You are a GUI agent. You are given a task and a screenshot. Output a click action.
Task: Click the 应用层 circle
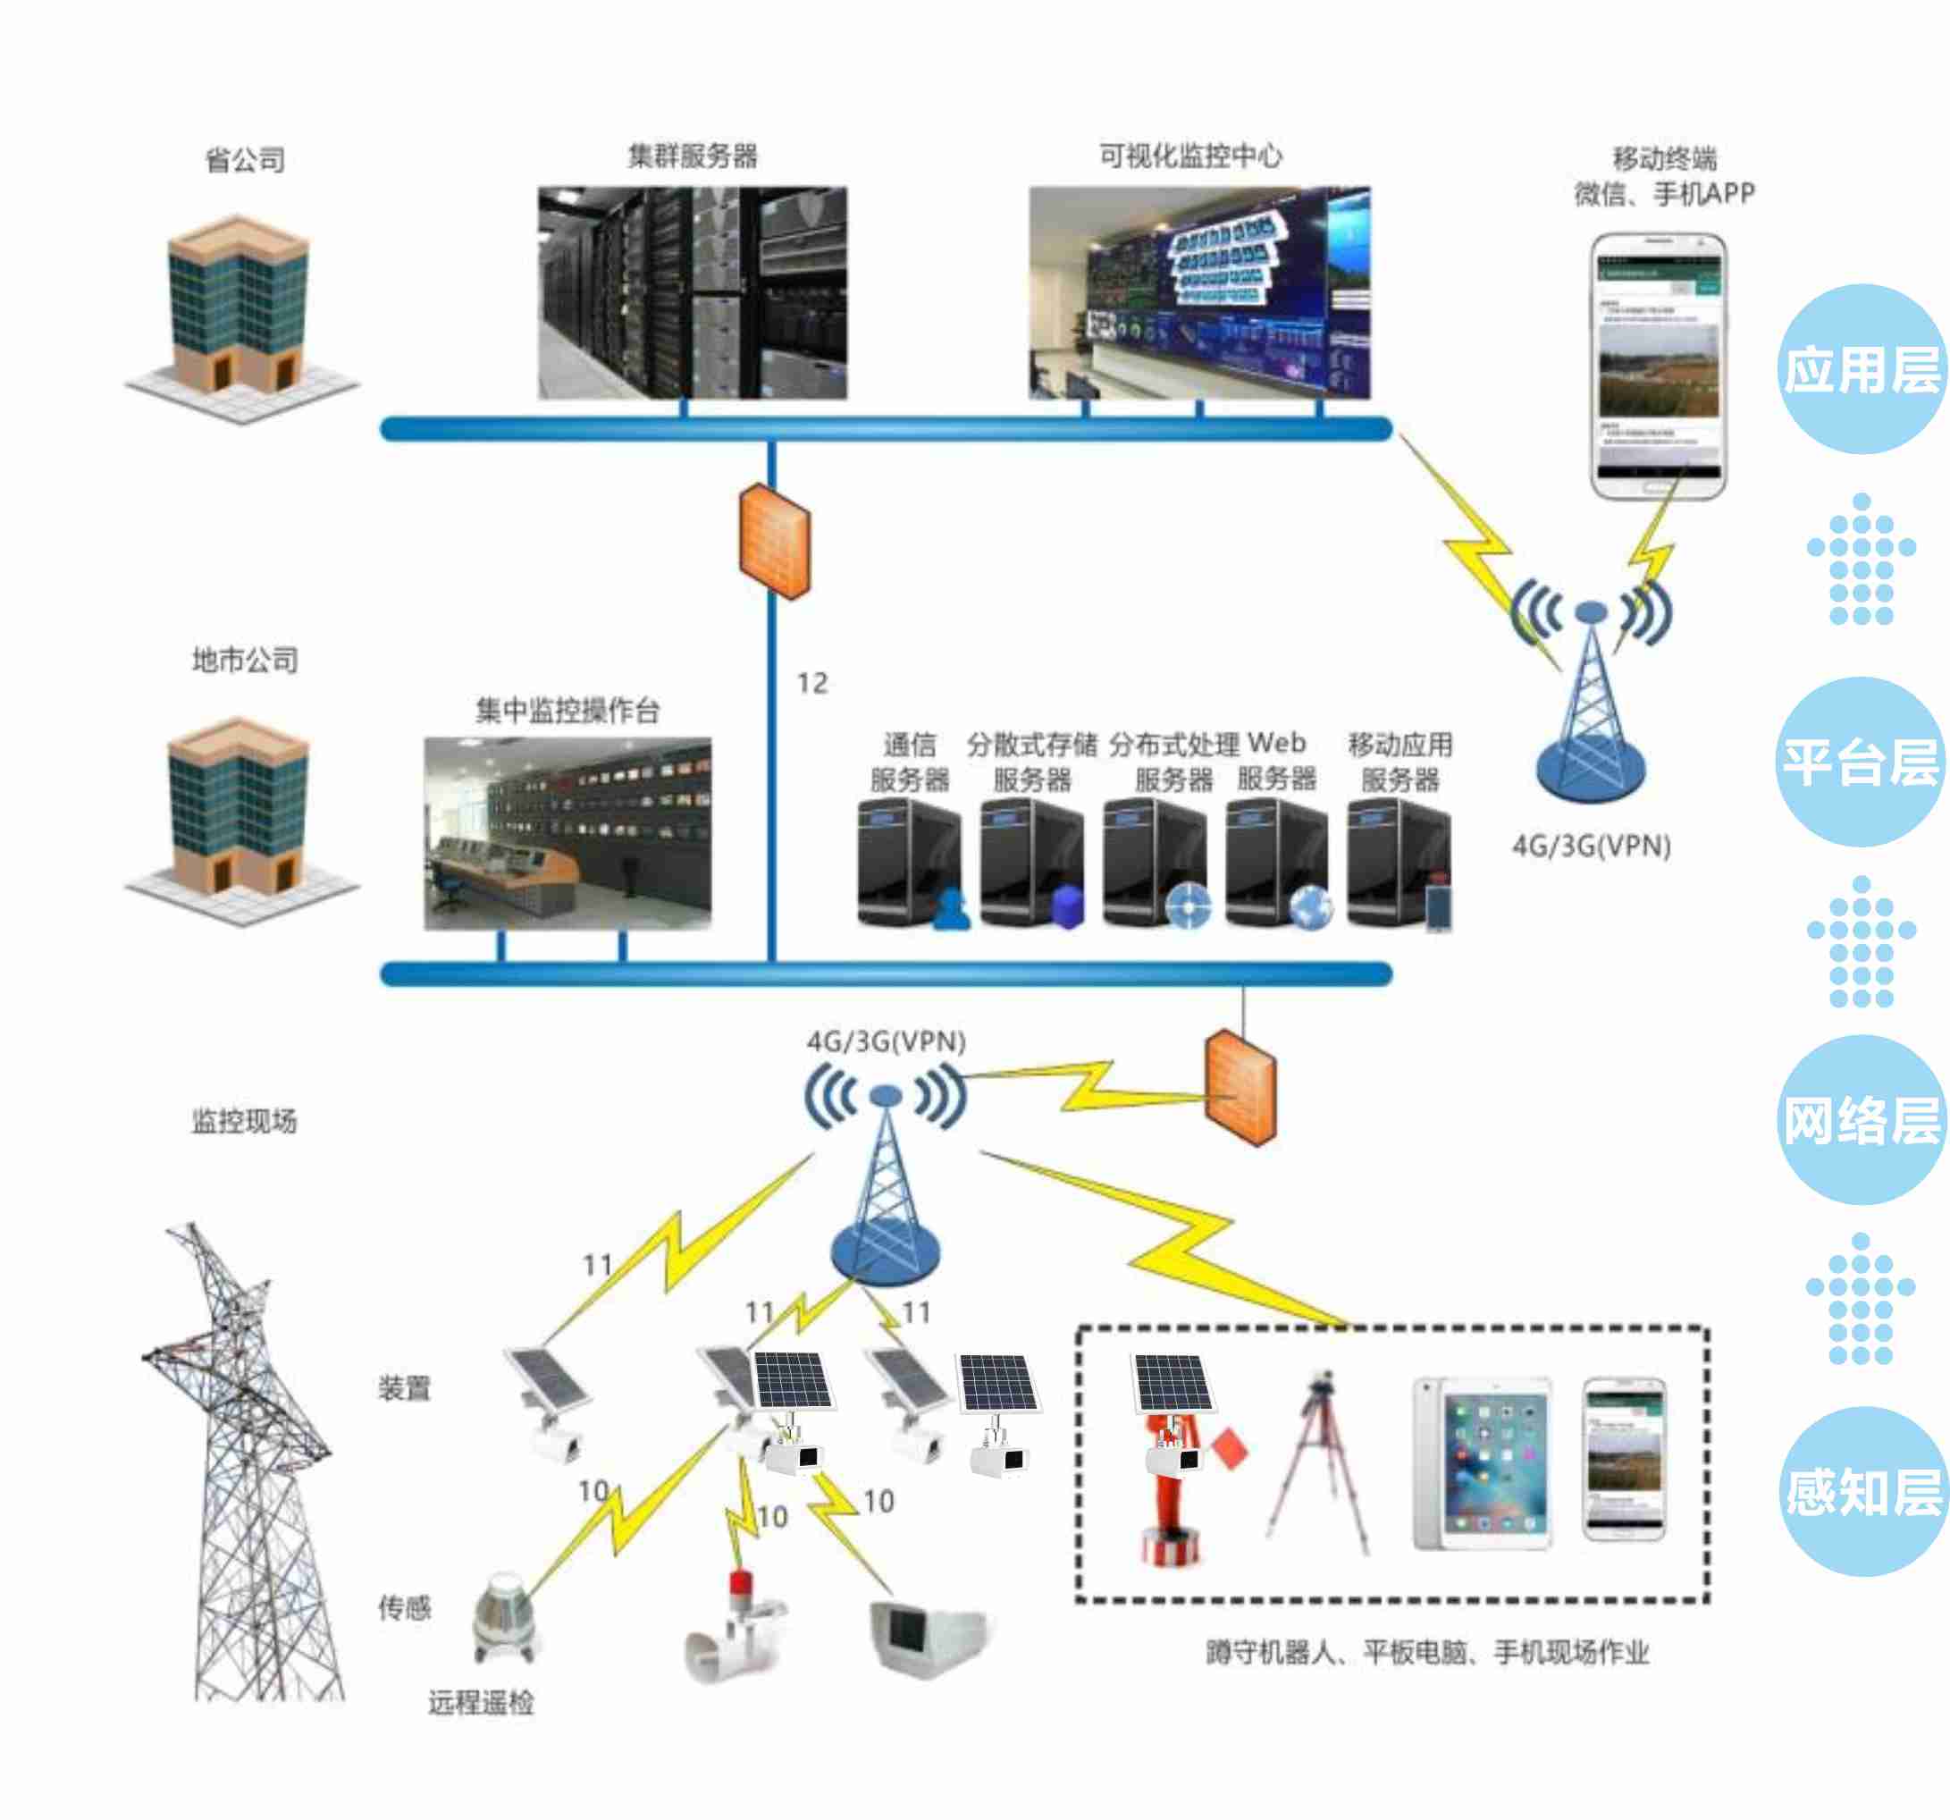coord(1861,370)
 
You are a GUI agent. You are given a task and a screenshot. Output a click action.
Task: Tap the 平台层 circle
coord(1861,762)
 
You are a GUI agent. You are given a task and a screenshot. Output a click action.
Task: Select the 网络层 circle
coord(1861,1119)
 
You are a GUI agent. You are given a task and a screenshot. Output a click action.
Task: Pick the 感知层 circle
coord(1861,1492)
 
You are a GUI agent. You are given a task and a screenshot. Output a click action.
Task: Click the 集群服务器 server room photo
coord(693,292)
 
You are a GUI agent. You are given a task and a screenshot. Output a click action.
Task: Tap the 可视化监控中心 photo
coord(1198,292)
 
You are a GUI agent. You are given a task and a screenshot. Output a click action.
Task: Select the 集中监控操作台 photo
coord(567,833)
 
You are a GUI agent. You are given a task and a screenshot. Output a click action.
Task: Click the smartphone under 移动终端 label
coord(1658,366)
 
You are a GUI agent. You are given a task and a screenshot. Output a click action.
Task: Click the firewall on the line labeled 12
coord(774,541)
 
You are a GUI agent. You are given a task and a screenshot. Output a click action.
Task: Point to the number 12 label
coord(812,683)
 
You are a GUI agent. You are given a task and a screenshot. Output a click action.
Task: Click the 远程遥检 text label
coord(481,1702)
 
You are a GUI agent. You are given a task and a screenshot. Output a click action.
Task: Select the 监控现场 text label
coord(244,1122)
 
